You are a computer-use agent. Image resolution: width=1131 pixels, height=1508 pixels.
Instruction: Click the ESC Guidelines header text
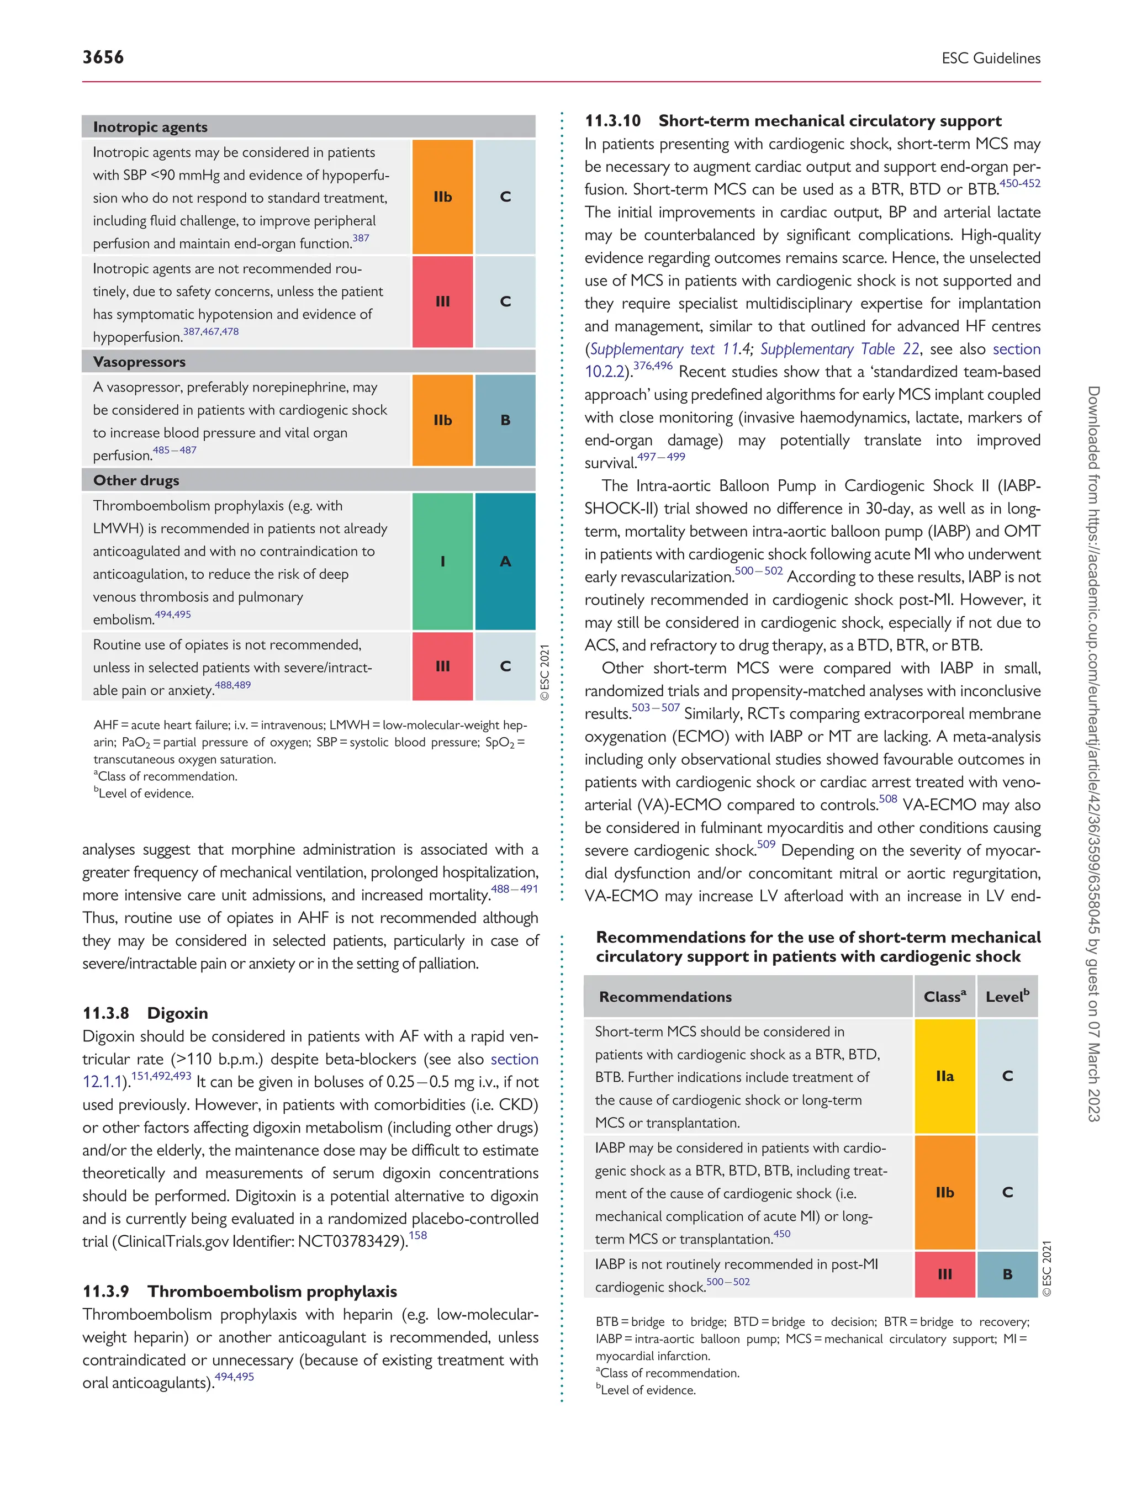(x=991, y=59)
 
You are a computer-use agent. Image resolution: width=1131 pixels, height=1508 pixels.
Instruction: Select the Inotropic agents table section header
(x=151, y=127)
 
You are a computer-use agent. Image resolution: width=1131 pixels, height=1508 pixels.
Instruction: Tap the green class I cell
(x=442, y=561)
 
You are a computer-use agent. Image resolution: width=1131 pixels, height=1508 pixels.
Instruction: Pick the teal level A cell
(x=505, y=561)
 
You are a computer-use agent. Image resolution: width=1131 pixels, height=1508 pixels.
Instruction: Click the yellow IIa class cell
(x=945, y=1076)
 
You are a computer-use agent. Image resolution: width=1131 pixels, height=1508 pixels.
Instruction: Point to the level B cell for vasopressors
(x=505, y=420)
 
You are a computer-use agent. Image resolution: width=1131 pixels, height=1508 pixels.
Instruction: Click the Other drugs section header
(x=136, y=480)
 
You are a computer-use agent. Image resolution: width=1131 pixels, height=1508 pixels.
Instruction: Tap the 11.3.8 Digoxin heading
(x=145, y=1013)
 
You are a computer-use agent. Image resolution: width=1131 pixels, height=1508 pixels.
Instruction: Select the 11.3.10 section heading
(x=793, y=121)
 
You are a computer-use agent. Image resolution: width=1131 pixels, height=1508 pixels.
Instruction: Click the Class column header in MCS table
(x=945, y=997)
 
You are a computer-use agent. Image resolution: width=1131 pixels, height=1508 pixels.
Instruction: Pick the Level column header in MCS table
(x=1007, y=997)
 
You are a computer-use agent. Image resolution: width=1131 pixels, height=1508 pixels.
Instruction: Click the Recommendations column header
(x=665, y=997)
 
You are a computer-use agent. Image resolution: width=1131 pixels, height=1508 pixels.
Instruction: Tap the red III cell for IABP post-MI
(x=945, y=1274)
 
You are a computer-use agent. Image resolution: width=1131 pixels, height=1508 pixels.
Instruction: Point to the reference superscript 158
(x=418, y=1235)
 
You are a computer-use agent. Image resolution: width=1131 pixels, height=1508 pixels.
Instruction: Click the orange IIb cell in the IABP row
(x=945, y=1192)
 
